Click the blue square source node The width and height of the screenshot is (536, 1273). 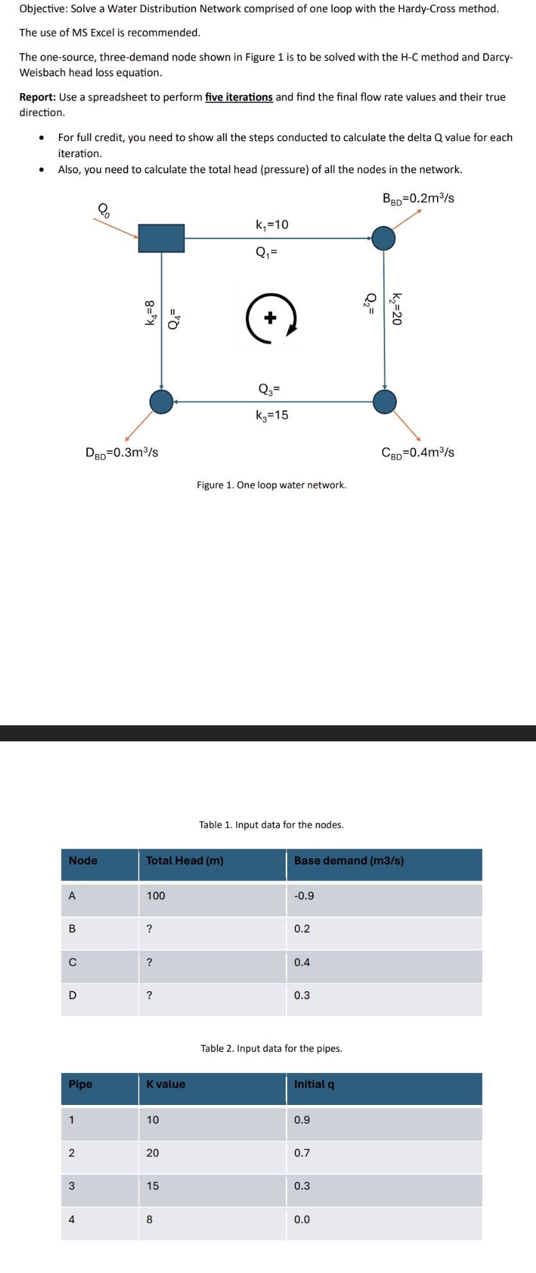(x=161, y=238)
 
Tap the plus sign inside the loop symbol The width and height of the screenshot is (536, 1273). (x=270, y=317)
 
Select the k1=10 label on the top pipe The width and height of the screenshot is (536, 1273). (x=272, y=224)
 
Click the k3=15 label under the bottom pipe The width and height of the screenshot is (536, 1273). (x=272, y=415)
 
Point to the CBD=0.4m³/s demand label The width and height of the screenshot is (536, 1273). (x=418, y=452)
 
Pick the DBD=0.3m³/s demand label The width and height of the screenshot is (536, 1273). (x=122, y=452)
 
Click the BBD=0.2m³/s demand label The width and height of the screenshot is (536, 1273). (x=419, y=198)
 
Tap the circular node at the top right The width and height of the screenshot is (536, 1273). (x=384, y=238)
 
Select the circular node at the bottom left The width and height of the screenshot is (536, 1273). (x=161, y=401)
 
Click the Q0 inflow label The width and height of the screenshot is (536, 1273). (x=103, y=209)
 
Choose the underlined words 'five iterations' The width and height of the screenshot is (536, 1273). (x=239, y=97)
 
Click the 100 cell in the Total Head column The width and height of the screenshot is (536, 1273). (x=156, y=895)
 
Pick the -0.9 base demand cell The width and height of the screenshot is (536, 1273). (x=304, y=895)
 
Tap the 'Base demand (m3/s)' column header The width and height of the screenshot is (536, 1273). (x=349, y=861)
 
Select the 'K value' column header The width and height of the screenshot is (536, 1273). (x=166, y=1084)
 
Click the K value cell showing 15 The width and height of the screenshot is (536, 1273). (x=153, y=1186)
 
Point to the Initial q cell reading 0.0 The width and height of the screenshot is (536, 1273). (x=302, y=1219)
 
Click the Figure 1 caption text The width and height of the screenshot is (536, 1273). (x=272, y=485)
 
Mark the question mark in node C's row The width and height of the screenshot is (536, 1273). (x=150, y=962)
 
